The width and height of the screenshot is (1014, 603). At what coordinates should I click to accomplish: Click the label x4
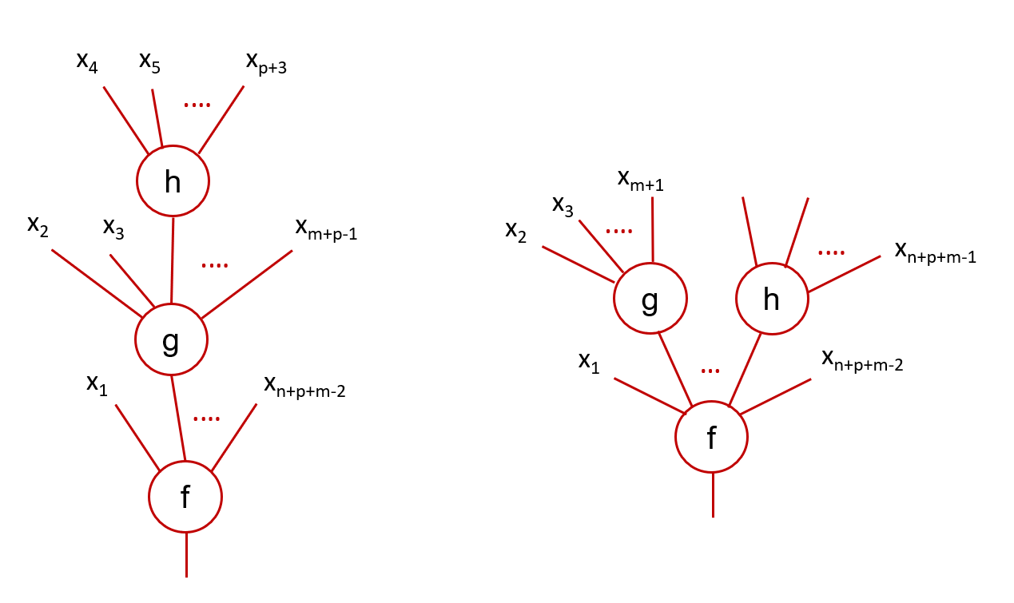pos(87,61)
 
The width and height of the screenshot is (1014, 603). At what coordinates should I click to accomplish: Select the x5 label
pos(149,61)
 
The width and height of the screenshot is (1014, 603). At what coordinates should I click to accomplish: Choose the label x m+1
pos(641,181)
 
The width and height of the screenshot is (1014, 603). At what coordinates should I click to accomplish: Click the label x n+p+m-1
pos(936,253)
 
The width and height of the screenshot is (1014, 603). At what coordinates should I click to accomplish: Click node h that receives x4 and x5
pos(173,181)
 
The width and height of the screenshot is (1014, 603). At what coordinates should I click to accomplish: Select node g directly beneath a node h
pos(171,340)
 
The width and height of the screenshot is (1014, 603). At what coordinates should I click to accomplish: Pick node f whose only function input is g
pos(185,497)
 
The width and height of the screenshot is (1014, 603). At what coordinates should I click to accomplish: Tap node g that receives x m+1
pos(650,300)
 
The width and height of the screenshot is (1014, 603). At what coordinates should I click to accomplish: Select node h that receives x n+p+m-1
pos(772,300)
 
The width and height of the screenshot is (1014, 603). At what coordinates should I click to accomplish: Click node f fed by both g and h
pos(711,438)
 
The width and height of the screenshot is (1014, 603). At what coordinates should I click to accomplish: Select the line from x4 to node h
pos(125,119)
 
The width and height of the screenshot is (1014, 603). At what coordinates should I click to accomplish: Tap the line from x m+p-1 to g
pos(247,285)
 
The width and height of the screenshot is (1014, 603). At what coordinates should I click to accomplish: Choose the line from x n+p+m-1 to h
pos(844,274)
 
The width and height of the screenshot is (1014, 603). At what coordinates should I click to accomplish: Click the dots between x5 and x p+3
pos(197,104)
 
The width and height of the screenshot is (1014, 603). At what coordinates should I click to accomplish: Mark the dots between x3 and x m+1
pos(619,232)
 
